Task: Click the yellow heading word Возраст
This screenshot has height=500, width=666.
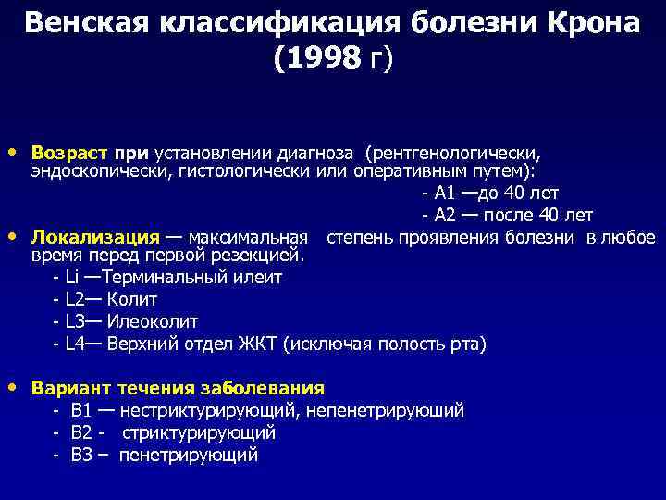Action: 68,152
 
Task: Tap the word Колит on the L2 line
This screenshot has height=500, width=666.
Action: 132,300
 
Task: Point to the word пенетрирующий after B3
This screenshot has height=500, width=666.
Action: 189,455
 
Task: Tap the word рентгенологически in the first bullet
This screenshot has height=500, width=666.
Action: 453,152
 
